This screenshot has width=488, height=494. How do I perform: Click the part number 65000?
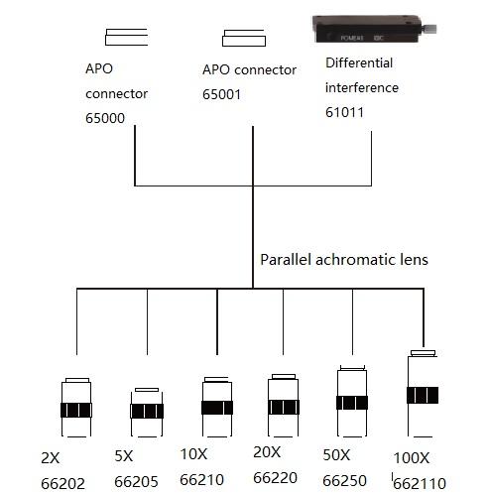tap(105, 118)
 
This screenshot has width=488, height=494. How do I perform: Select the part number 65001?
tap(221, 94)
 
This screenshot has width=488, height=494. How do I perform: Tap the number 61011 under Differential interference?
tap(344, 112)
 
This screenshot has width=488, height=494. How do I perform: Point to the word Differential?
tap(359, 62)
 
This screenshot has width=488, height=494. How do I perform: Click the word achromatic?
tap(355, 260)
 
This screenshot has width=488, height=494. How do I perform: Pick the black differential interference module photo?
tap(374, 29)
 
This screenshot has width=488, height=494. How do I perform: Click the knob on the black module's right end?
tap(429, 29)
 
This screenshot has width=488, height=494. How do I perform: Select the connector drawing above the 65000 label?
tap(126, 37)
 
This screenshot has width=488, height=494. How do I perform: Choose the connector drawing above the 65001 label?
tap(244, 38)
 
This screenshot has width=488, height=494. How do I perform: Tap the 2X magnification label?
tap(51, 458)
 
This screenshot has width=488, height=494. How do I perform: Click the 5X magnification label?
tap(124, 456)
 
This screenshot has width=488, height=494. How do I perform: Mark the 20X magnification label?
tap(267, 452)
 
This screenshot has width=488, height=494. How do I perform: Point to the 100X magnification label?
tap(412, 458)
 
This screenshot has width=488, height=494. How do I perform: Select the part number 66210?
tap(201, 480)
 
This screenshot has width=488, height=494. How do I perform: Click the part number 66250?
tap(344, 480)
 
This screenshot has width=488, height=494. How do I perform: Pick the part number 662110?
tap(420, 484)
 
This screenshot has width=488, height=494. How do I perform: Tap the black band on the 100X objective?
tap(423, 395)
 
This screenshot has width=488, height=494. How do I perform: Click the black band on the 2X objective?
tap(76, 410)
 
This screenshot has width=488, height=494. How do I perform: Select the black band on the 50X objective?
tap(352, 403)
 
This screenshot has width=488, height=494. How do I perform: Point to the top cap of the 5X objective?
tap(147, 390)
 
